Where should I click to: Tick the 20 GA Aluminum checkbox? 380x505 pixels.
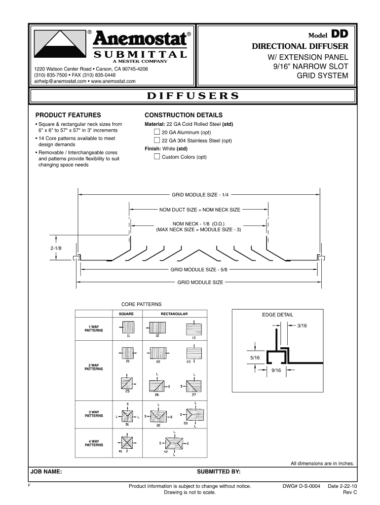(157, 132)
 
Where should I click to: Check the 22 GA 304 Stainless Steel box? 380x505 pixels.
(157, 140)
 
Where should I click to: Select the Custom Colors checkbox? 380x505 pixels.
(157, 157)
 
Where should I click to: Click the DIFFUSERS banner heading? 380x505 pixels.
(192, 96)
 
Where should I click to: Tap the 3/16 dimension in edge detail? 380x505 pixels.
(302, 325)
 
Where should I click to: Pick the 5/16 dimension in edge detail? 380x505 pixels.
(255, 357)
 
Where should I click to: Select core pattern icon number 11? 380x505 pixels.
(128, 327)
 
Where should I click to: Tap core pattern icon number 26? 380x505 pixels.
(157, 386)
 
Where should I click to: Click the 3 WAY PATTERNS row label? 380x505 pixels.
(94, 413)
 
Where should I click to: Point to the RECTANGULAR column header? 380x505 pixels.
(174, 314)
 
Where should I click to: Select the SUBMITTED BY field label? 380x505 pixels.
(219, 472)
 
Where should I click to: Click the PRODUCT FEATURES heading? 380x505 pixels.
(68, 114)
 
